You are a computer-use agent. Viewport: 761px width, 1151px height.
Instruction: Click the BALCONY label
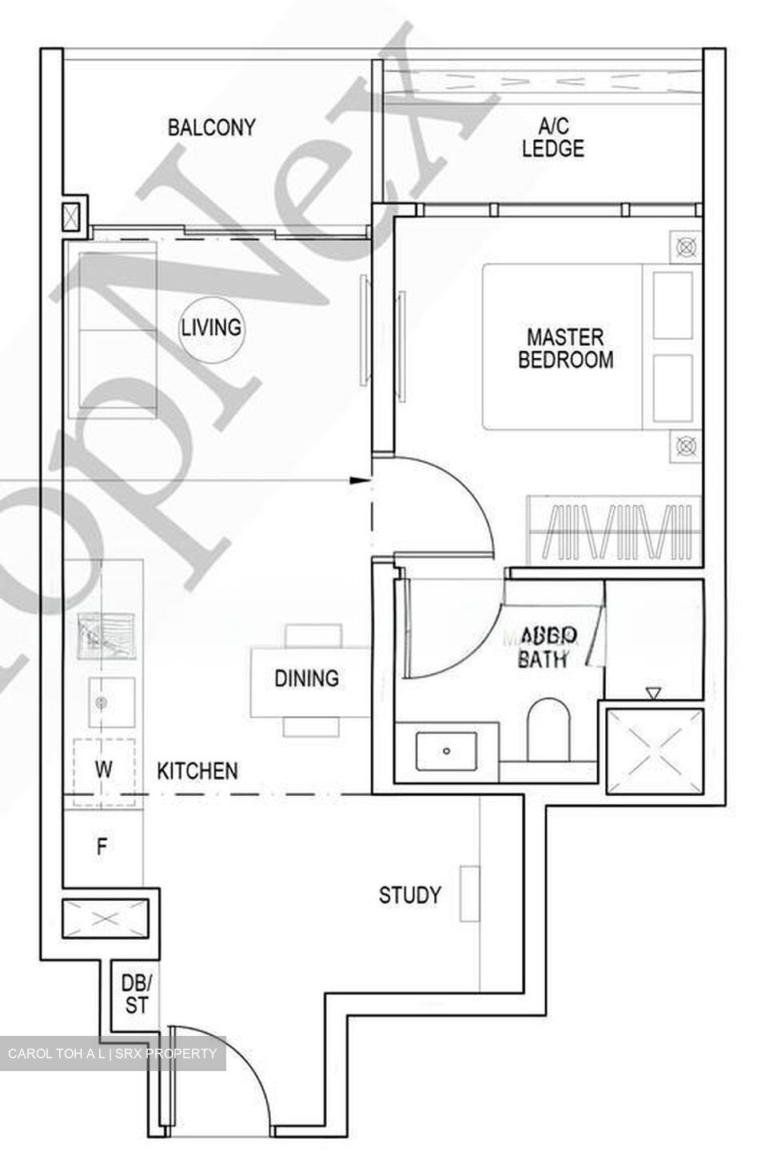[212, 127]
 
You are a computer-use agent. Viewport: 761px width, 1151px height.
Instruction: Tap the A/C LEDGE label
[553, 137]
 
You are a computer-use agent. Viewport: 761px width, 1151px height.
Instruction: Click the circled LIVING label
[211, 328]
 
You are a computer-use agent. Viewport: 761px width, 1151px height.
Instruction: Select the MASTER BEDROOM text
[566, 348]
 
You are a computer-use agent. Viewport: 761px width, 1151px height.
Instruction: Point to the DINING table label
[306, 679]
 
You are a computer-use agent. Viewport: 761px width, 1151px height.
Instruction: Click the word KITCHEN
[197, 771]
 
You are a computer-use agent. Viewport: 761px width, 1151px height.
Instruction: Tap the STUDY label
[409, 894]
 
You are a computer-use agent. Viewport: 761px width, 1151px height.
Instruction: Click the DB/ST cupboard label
[136, 994]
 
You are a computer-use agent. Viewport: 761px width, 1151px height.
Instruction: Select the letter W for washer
[103, 771]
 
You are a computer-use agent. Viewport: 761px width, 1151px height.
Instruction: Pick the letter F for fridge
[102, 847]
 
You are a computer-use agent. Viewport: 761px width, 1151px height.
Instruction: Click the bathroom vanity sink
[446, 751]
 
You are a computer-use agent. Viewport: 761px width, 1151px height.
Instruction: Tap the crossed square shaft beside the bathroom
[654, 751]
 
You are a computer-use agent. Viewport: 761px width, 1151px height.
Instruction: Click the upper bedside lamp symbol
[685, 245]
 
